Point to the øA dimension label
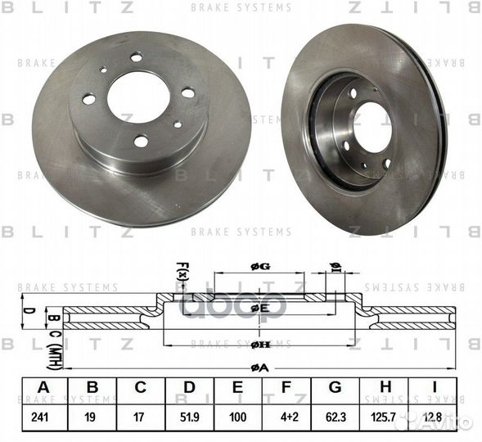[x=259, y=367]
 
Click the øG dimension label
[x=259, y=268]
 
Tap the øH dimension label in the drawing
[x=259, y=342]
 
